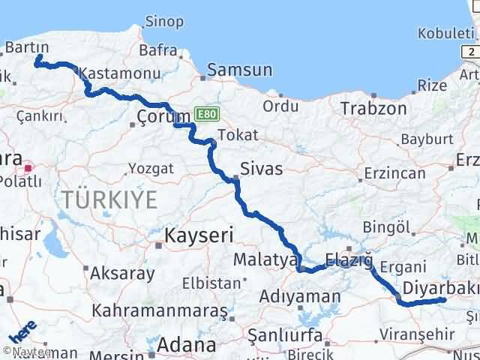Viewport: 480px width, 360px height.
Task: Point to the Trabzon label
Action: point(373,109)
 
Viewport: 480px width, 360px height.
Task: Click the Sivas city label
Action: point(261,169)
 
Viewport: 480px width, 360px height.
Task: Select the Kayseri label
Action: point(199,235)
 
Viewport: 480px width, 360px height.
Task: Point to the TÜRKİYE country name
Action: point(109,199)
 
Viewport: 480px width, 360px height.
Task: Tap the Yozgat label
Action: point(151,167)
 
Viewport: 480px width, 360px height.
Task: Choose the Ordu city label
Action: point(281,106)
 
